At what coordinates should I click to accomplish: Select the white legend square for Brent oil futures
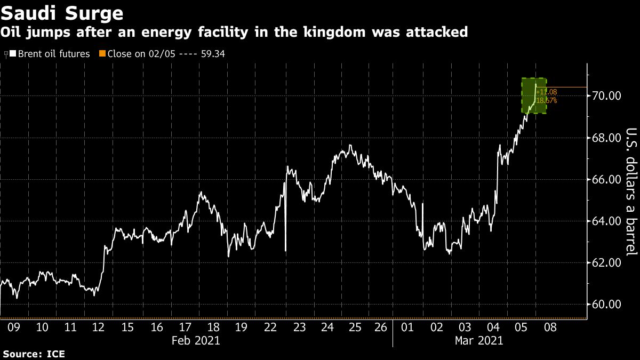click(x=13, y=54)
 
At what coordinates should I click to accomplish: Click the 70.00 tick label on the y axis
click(x=607, y=96)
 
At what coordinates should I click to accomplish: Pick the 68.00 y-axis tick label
click(x=607, y=138)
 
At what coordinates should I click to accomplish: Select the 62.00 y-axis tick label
click(x=607, y=263)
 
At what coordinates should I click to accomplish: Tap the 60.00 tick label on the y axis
click(x=607, y=305)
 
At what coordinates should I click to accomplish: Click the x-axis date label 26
click(x=381, y=327)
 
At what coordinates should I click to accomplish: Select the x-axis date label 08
click(x=550, y=327)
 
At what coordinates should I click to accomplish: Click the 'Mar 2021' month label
click(x=479, y=340)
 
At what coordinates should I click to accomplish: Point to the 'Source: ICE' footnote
click(x=33, y=353)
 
